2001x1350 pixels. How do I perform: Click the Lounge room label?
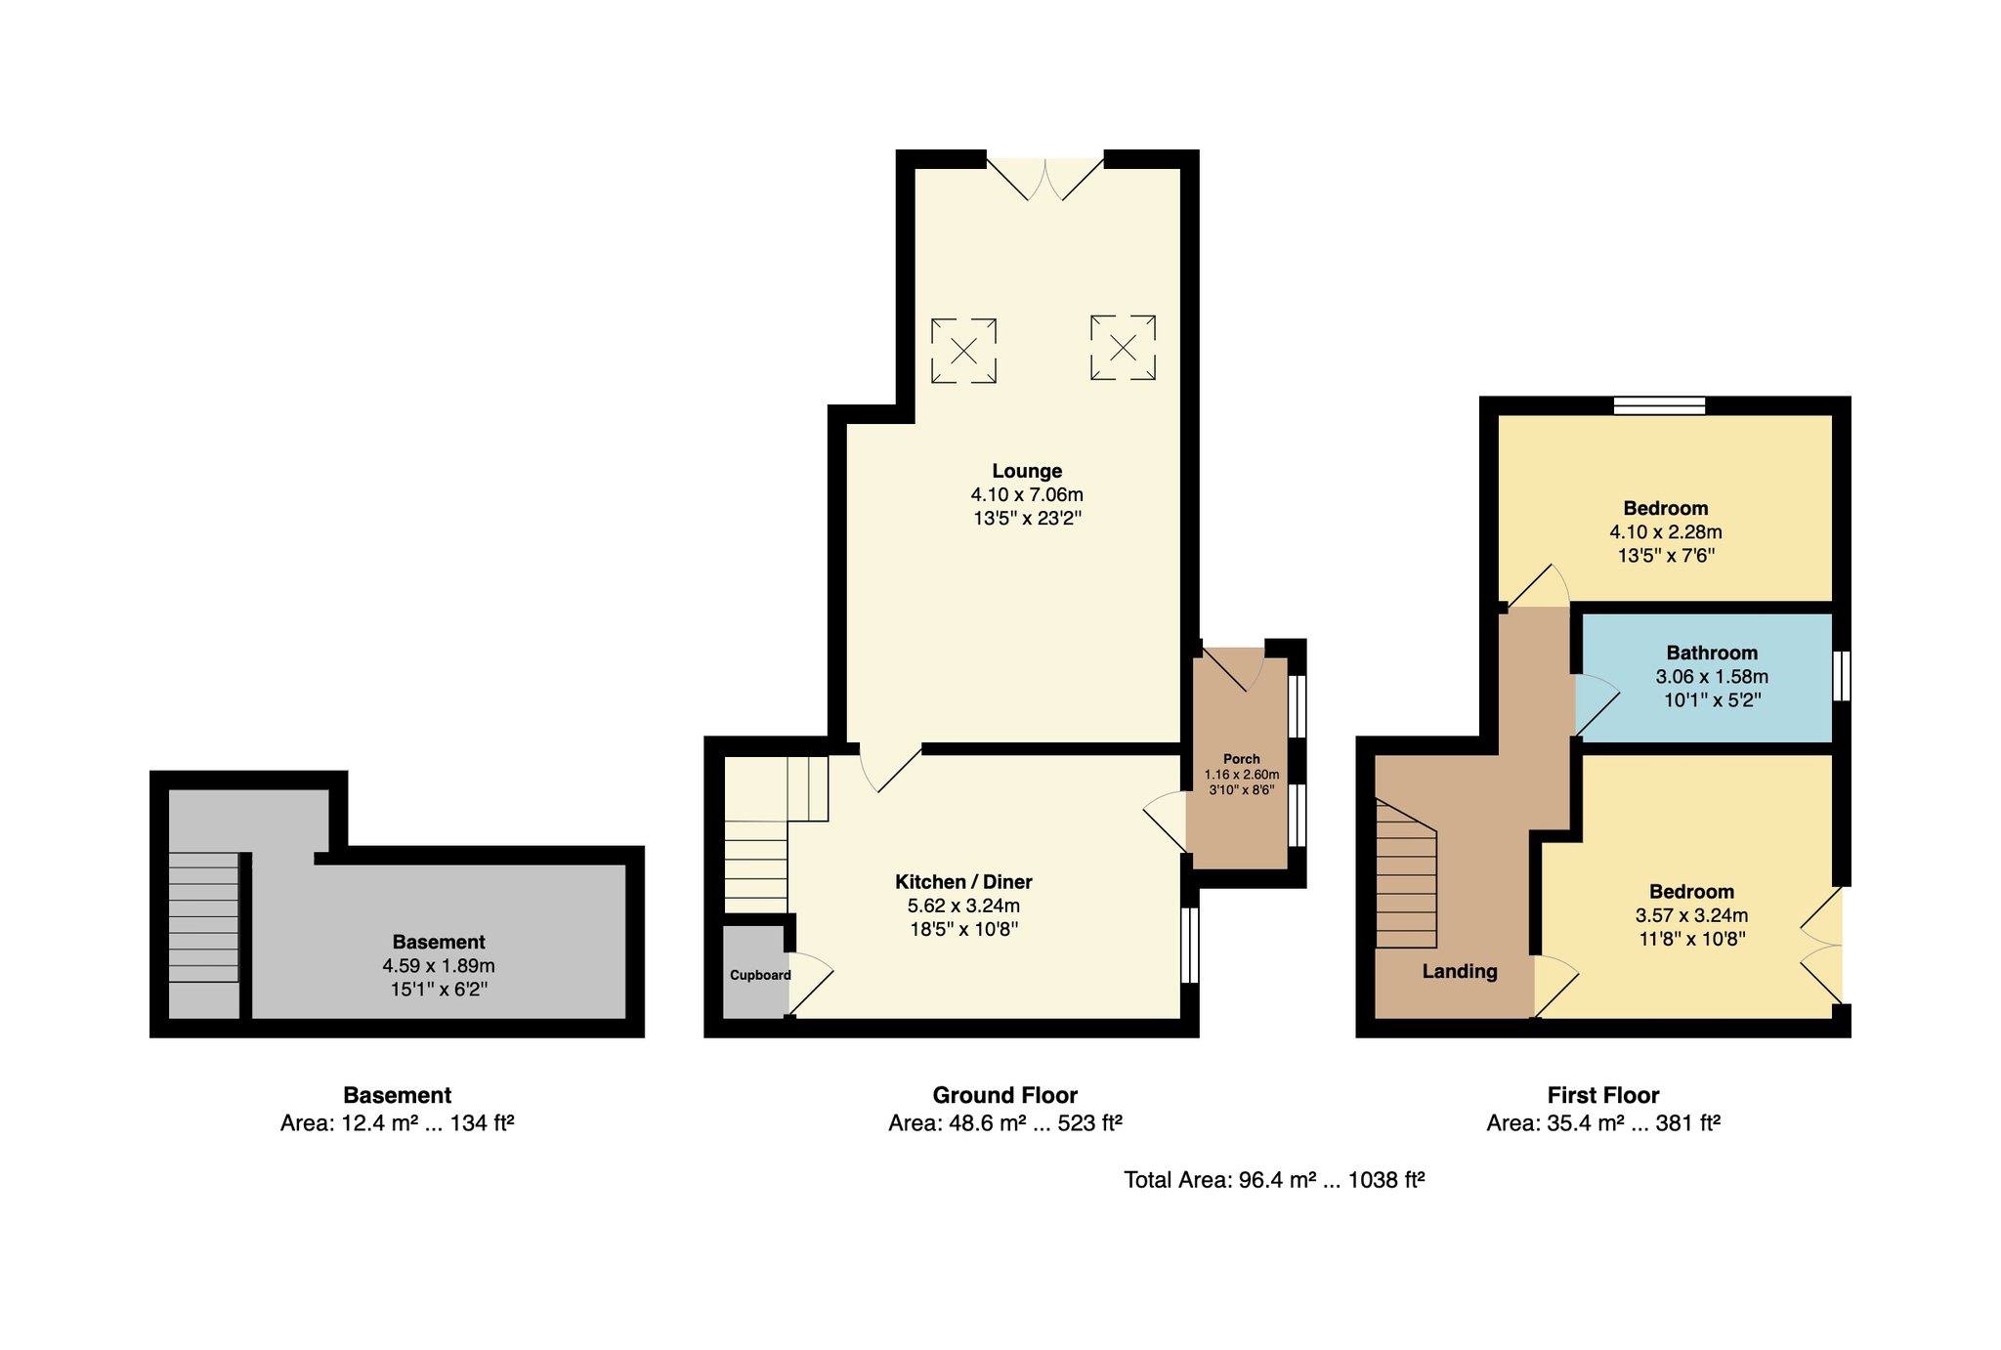click(1027, 471)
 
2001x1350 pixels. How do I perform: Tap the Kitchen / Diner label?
click(963, 882)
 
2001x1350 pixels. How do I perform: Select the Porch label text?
click(1242, 759)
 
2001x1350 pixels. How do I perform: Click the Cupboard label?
click(760, 975)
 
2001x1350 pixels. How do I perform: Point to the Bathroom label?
click(1712, 653)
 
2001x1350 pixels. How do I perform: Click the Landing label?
click(1460, 971)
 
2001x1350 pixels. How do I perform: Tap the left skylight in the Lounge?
click(963, 350)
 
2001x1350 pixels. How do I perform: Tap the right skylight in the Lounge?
click(1124, 347)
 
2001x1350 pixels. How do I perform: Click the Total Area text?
click(1274, 1180)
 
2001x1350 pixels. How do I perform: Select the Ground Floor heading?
click(1004, 1095)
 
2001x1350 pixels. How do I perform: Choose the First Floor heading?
click(1603, 1095)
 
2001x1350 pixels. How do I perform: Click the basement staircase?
click(203, 917)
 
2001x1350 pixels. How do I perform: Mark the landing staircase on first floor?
click(1406, 873)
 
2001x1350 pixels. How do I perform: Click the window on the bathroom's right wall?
click(1841, 676)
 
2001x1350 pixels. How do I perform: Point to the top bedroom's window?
click(1659, 405)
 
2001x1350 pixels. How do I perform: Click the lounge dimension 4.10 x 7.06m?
click(1027, 494)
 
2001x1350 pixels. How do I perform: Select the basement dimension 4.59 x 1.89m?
click(439, 966)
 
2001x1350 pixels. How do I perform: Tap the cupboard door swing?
click(810, 984)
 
